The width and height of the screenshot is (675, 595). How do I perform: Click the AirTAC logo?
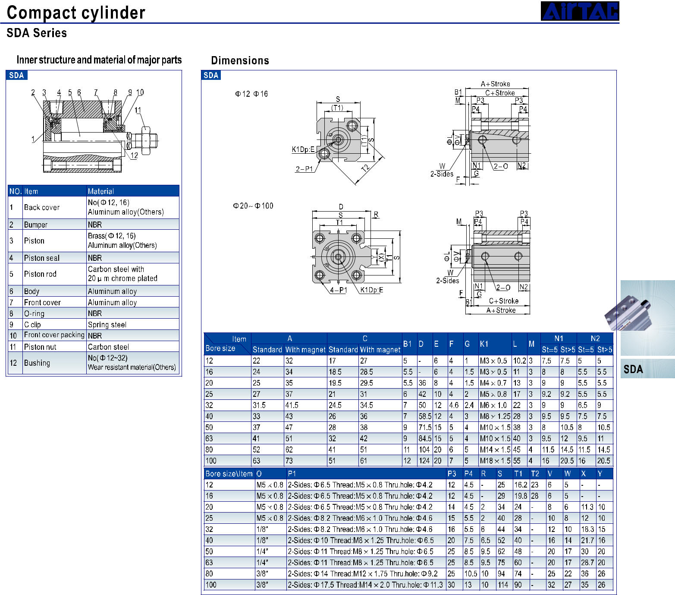click(x=580, y=11)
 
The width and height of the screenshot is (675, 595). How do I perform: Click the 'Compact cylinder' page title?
click(x=76, y=13)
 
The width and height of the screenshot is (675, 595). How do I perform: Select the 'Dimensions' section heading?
click(x=240, y=60)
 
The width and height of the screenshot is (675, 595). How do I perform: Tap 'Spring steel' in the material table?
click(x=107, y=325)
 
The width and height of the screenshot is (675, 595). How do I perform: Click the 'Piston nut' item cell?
click(x=40, y=347)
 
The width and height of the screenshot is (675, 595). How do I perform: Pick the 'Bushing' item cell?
click(x=37, y=363)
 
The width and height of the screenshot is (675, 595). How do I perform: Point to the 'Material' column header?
click(x=101, y=191)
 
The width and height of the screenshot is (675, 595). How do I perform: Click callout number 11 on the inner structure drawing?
click(x=138, y=110)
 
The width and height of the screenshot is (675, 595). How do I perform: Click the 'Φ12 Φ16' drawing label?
click(x=251, y=94)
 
